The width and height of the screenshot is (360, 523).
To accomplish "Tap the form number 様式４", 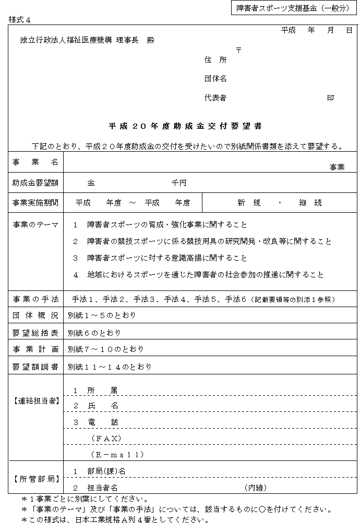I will [20, 20].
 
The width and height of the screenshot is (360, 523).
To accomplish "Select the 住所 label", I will [215, 60].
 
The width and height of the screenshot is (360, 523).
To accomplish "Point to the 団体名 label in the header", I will [215, 79].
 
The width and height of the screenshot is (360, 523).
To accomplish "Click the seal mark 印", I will [330, 98].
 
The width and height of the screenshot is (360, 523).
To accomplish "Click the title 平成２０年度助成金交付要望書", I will [185, 126].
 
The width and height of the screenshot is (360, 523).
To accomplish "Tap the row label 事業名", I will [35, 163].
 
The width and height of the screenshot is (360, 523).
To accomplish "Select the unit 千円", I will [179, 183].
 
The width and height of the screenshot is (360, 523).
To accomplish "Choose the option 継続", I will [310, 203].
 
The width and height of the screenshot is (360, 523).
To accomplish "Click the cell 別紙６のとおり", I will [94, 333].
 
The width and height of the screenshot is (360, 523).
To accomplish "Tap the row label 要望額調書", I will [35, 366].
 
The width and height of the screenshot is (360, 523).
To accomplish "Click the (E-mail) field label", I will [117, 455].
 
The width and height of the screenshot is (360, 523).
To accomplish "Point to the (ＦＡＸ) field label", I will [106, 437].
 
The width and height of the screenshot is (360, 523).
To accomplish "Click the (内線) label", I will [255, 488].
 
